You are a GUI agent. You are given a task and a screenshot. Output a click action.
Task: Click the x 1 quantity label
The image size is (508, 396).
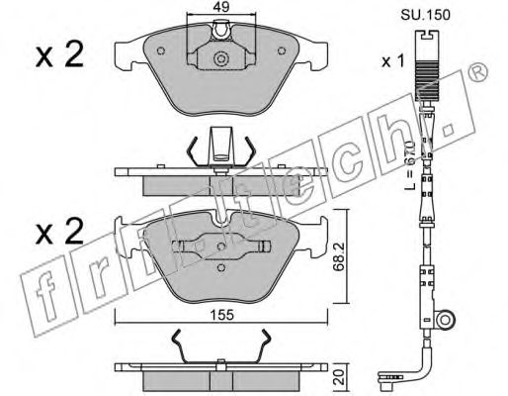pyautogui.click(x=393, y=61)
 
